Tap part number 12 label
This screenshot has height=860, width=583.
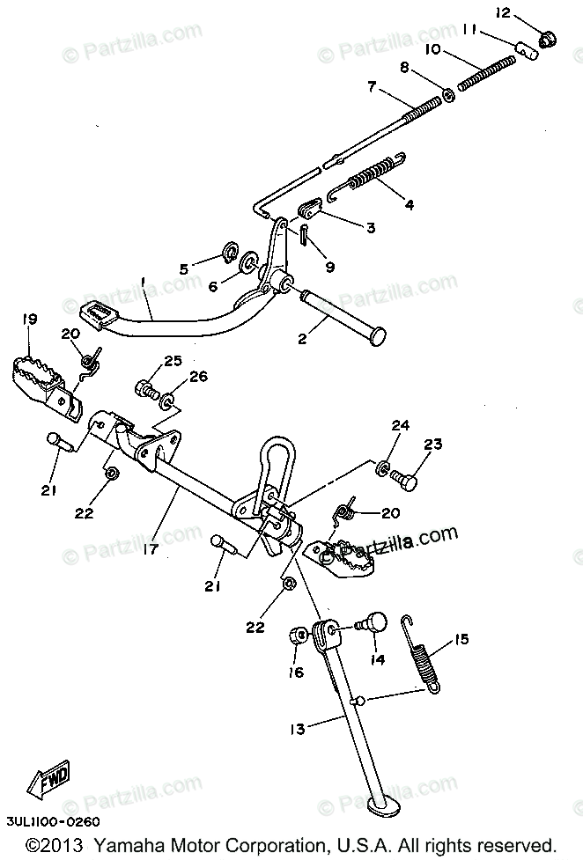tap(527, 12)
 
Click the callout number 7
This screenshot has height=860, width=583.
tap(372, 87)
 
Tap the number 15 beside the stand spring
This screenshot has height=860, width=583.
tap(461, 639)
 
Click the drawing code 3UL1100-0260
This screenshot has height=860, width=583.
tap(50, 820)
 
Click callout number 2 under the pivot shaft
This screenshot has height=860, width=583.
tap(302, 337)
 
